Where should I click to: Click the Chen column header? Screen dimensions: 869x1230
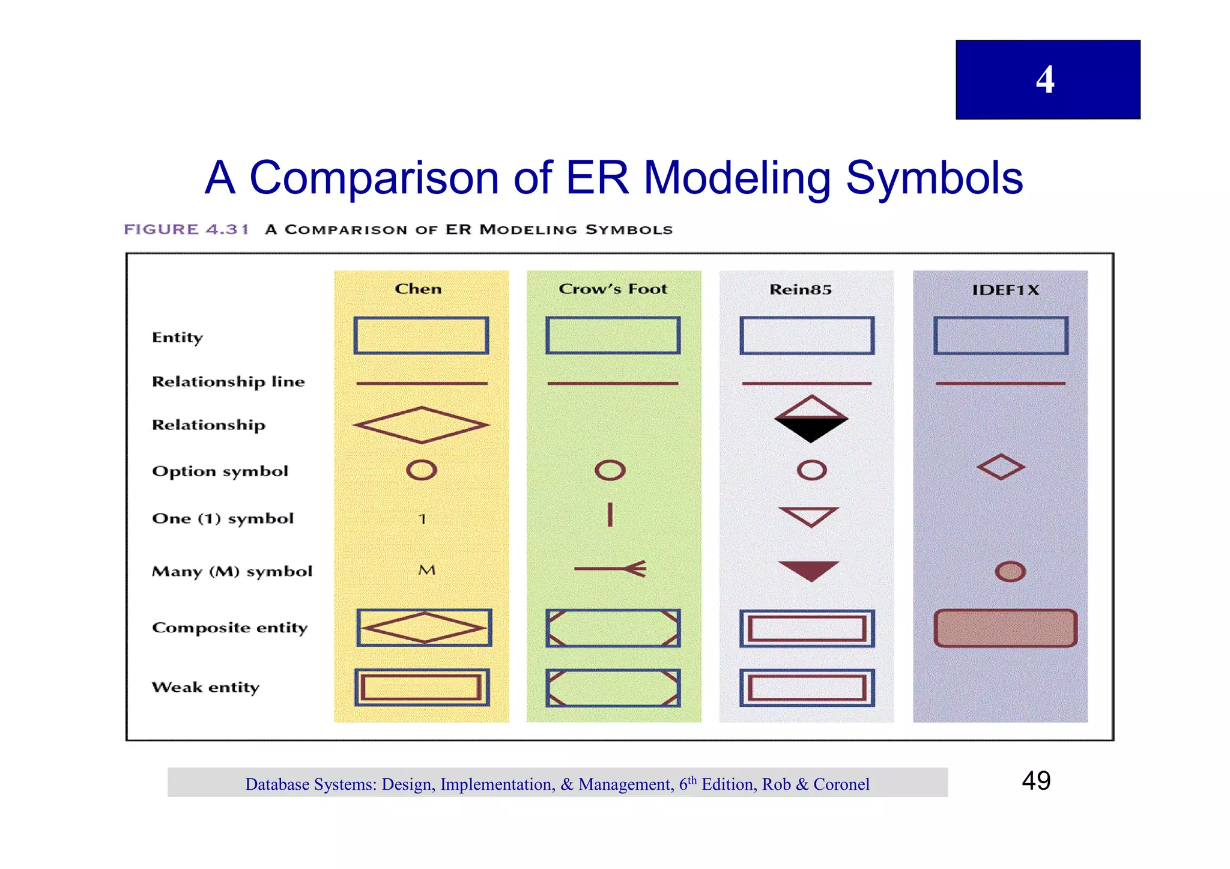pyautogui.click(x=418, y=289)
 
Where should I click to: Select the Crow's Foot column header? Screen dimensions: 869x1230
pyautogui.click(x=613, y=289)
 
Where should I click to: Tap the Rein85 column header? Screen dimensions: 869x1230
pyautogui.click(x=801, y=289)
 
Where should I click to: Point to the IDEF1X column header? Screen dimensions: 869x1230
pyautogui.click(x=1005, y=290)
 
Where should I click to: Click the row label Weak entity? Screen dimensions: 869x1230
pyautogui.click(x=205, y=687)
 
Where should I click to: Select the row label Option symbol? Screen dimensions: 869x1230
pyautogui.click(x=220, y=471)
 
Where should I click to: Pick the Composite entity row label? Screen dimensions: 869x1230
pyautogui.click(x=229, y=628)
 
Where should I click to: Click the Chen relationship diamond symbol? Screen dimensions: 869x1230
pyautogui.click(x=422, y=425)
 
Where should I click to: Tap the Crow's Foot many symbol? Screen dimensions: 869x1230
pyautogui.click(x=610, y=569)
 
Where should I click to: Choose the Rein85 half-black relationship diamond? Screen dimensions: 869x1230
pyautogui.click(x=811, y=419)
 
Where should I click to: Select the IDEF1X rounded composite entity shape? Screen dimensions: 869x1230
pyautogui.click(x=1005, y=628)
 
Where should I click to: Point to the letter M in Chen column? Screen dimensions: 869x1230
pyautogui.click(x=426, y=570)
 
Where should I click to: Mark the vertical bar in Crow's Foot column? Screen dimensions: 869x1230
pyautogui.click(x=610, y=515)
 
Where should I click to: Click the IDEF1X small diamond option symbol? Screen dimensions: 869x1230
pyautogui.click(x=1001, y=467)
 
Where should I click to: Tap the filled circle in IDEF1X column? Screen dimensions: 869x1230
pyautogui.click(x=1010, y=571)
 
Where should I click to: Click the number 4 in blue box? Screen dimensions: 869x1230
pyautogui.click(x=1045, y=79)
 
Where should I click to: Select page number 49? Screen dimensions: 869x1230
pyautogui.click(x=1036, y=781)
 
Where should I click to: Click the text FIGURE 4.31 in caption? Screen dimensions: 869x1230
pyautogui.click(x=186, y=229)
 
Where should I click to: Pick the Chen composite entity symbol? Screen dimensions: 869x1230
pyautogui.click(x=424, y=628)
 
